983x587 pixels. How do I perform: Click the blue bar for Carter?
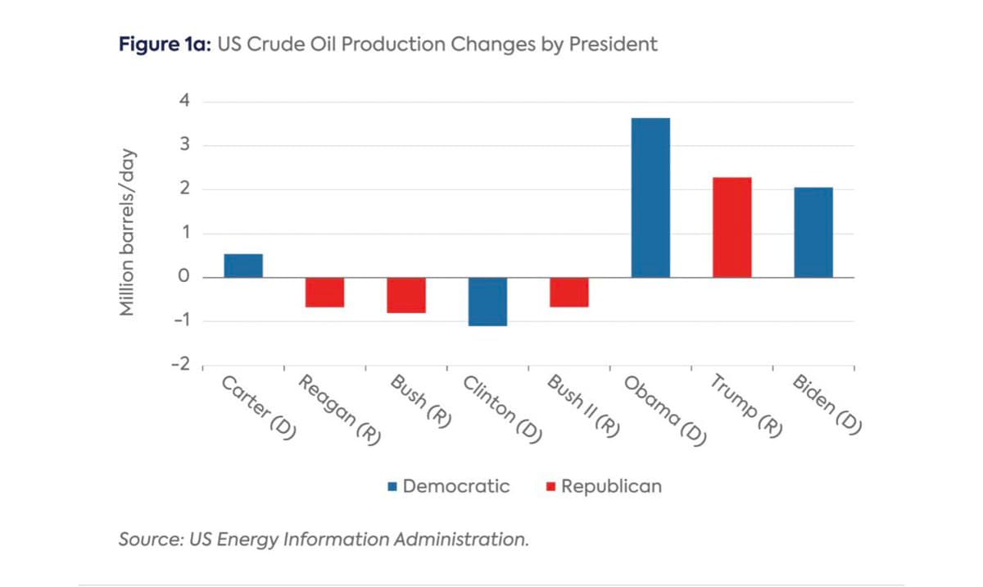[x=243, y=266]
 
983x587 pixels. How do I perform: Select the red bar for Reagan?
[x=324, y=292]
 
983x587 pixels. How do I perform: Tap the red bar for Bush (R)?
[x=406, y=295]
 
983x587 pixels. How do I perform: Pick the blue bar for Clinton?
[x=487, y=302]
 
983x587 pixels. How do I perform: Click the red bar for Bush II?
[x=569, y=292]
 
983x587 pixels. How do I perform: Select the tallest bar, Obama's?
[x=650, y=198]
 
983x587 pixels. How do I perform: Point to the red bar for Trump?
[x=732, y=227]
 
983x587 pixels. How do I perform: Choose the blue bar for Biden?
[x=813, y=232]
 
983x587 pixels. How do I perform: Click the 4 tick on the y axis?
[x=184, y=102]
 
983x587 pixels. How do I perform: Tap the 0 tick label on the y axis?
[x=184, y=277]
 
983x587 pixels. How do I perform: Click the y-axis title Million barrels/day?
[x=128, y=233]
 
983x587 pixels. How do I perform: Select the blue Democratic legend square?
[x=392, y=487]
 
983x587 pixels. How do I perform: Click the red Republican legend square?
[x=550, y=487]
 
